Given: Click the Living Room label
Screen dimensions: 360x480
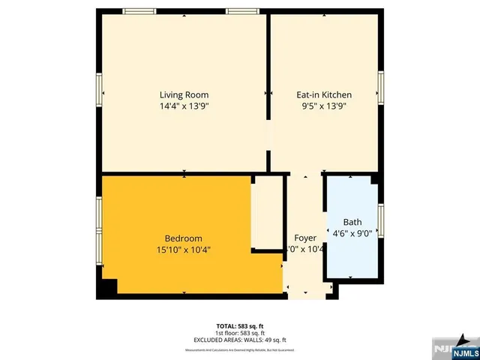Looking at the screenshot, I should (184, 94).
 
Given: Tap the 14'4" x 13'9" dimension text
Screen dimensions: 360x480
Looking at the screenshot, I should (184, 106).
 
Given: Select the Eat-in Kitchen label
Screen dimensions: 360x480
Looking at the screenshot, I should (324, 94).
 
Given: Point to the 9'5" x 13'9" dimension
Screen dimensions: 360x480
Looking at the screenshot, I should (324, 106).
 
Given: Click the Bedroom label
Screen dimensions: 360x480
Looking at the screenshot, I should (183, 238).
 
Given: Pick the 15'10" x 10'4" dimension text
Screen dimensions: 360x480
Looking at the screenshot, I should (183, 250).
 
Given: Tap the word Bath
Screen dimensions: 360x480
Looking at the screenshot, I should (352, 222).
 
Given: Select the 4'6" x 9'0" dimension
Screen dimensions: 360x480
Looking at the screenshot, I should (352, 233).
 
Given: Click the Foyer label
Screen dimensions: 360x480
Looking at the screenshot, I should (304, 238).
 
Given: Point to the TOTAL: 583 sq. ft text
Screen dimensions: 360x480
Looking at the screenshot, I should (239, 325).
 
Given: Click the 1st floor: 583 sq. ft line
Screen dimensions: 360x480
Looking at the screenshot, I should (239, 331).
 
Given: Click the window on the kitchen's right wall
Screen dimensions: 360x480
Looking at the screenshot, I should (381, 88).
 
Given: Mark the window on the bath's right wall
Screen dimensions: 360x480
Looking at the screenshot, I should (381, 220).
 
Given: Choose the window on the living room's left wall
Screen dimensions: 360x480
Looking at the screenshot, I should (97, 91).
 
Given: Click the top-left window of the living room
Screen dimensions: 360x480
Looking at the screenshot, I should (139, 11).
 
